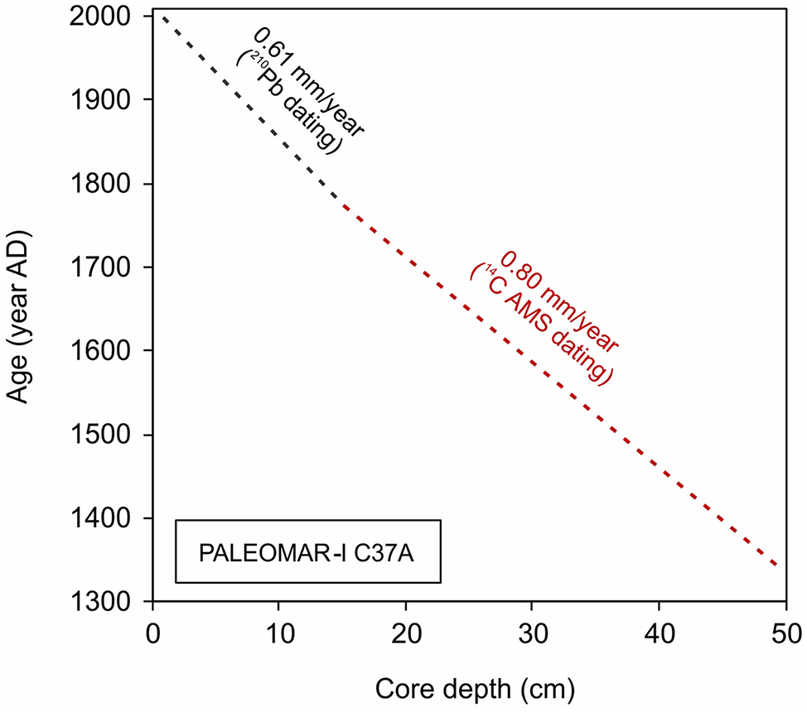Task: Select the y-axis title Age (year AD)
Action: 22,309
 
